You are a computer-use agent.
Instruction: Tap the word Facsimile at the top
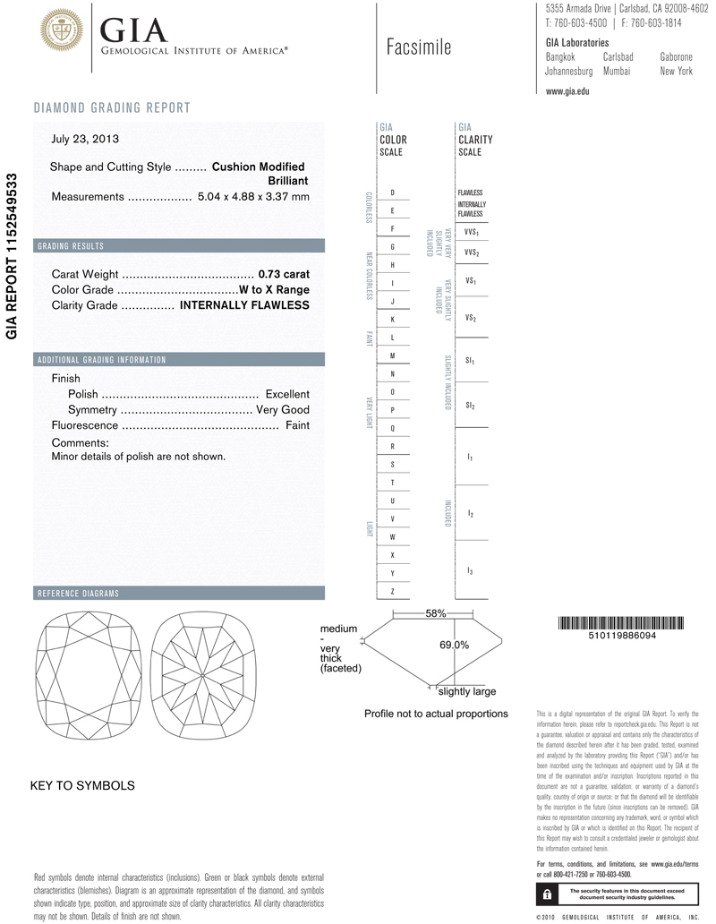pos(419,47)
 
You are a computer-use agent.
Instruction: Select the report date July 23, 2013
pos(85,139)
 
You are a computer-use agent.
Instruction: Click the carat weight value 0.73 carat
pos(283,274)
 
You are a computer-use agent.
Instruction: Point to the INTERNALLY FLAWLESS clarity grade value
pos(244,305)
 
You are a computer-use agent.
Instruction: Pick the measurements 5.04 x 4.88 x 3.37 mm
pos(253,196)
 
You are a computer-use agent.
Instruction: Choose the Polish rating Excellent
pos(287,394)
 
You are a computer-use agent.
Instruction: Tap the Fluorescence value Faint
pos(297,425)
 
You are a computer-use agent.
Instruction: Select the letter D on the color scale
pos(393,192)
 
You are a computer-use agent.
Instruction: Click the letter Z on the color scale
pos(393,592)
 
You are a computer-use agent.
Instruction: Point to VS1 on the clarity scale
pos(471,281)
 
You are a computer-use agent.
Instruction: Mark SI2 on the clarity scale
pos(471,406)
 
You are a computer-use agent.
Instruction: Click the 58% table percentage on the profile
pos(436,613)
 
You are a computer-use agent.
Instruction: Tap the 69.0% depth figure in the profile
pos(455,645)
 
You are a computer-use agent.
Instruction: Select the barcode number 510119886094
pos(618,635)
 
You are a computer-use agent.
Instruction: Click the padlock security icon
pos(547,894)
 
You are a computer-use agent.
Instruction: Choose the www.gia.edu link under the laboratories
pos(567,91)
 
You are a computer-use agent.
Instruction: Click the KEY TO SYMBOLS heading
pos(82,785)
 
